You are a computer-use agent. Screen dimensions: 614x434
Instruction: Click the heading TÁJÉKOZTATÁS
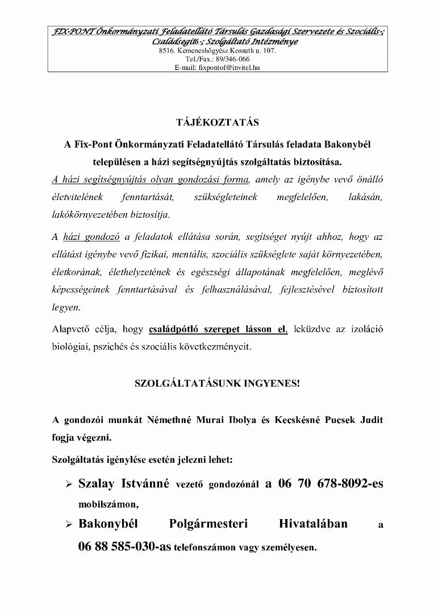218,122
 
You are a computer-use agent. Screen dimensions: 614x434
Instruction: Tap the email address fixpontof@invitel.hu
229,67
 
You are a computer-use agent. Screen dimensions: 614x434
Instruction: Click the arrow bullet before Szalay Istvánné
69,484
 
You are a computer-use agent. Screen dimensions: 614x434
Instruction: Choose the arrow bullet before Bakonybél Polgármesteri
69,524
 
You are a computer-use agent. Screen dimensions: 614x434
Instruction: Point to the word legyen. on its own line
66,308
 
